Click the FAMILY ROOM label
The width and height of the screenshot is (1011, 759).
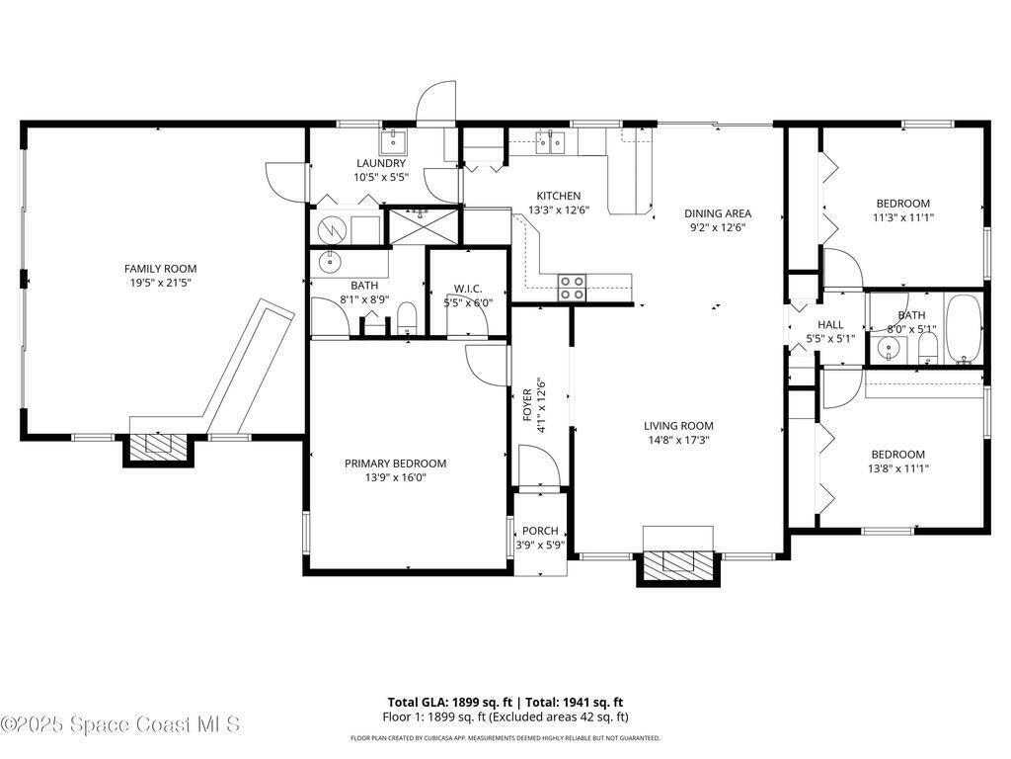point(161,269)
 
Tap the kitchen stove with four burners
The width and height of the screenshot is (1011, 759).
point(572,288)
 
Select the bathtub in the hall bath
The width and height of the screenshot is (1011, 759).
point(964,330)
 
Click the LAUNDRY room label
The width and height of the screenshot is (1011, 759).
point(381,163)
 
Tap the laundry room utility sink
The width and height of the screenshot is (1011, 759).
point(392,139)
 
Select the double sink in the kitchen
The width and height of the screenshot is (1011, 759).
point(550,141)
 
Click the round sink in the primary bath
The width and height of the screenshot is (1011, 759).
point(330,262)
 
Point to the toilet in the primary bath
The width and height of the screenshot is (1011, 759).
point(407,317)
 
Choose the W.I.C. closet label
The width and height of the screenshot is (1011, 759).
point(467,289)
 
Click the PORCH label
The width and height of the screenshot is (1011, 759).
point(540,531)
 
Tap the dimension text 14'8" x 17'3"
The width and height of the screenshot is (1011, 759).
point(678,440)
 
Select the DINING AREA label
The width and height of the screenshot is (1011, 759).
point(718,213)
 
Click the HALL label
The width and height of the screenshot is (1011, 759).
point(830,324)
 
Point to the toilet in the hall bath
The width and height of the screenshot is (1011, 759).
point(927,350)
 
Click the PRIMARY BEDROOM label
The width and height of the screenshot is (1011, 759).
point(395,463)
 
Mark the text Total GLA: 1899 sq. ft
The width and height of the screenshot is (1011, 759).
point(449,703)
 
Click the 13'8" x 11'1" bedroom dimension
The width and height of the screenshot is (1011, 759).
point(898,468)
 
